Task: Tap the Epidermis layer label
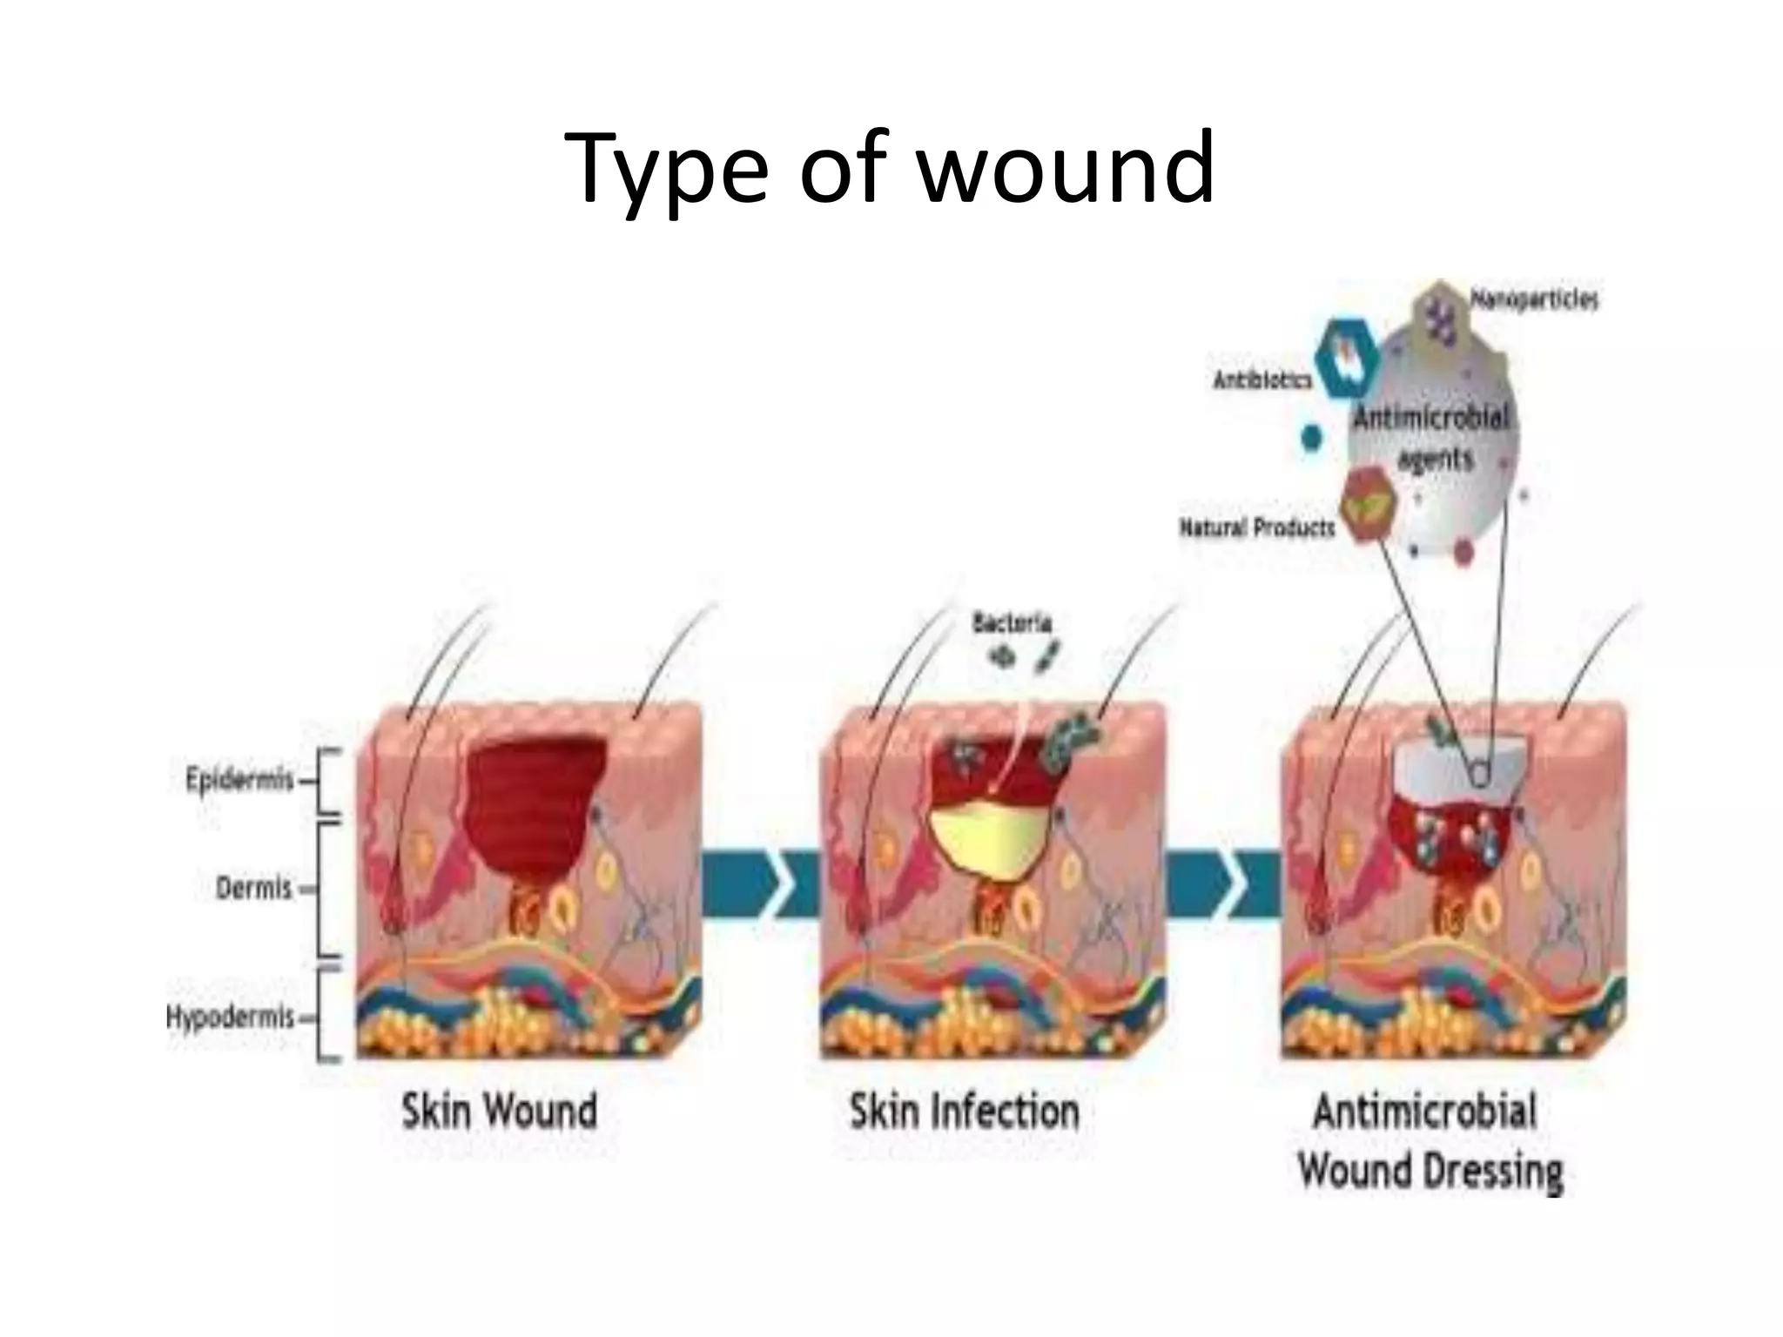pos(239,778)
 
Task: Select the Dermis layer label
pos(253,888)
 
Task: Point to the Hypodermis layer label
pos(230,1016)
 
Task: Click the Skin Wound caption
pos(499,1112)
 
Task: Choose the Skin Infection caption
pos(964,1112)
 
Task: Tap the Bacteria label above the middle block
pos(1011,622)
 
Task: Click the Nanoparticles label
pos(1534,299)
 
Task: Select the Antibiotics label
pos(1262,380)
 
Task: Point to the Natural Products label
pos(1256,527)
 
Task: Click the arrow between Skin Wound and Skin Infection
pos(759,884)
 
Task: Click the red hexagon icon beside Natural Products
pos(1369,503)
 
